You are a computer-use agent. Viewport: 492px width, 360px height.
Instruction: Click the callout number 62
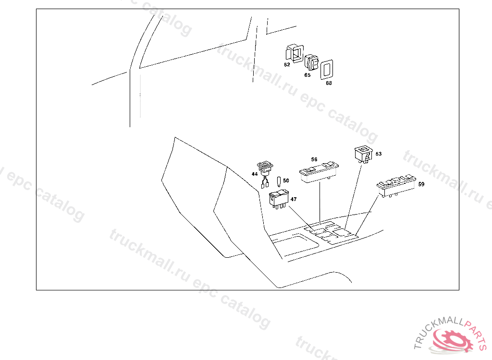[x=287, y=64]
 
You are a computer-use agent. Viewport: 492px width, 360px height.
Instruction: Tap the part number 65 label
[x=307, y=75]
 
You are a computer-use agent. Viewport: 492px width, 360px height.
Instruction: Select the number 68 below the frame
[x=329, y=83]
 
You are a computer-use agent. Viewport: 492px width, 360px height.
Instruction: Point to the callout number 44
[x=255, y=173]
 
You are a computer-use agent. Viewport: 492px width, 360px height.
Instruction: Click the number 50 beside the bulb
[x=286, y=180]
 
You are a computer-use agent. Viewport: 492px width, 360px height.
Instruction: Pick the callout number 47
[x=293, y=199]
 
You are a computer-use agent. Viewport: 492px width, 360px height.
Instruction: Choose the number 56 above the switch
[x=314, y=159]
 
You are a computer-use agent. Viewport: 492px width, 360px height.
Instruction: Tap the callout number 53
[x=379, y=154]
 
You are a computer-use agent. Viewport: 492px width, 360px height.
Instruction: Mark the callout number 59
[x=421, y=184]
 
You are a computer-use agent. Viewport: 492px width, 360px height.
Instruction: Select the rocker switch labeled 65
[x=311, y=63]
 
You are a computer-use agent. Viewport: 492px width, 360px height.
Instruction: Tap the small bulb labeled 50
[x=279, y=181]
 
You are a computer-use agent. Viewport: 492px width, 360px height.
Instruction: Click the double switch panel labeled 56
[x=319, y=171]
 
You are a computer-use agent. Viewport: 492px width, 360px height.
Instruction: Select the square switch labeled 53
[x=363, y=154]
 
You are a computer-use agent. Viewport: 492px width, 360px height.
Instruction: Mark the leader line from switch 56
[x=320, y=202]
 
